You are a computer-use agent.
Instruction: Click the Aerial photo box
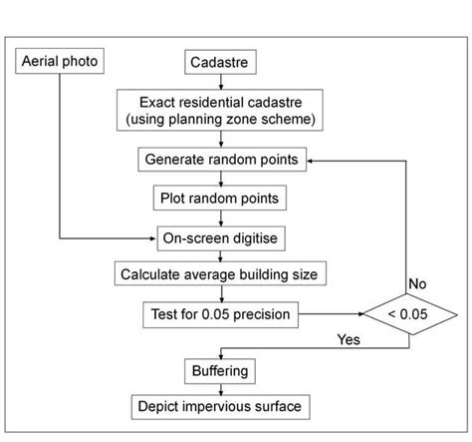tap(60, 62)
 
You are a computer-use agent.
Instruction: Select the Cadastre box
tap(217, 63)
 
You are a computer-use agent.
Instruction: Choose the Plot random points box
tap(217, 198)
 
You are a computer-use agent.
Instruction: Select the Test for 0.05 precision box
tap(217, 314)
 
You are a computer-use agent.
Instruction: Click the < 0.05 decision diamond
tap(408, 315)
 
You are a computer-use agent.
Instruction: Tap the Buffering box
tap(217, 370)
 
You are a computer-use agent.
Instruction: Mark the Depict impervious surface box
tap(217, 405)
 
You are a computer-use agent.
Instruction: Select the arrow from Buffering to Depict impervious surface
tap(217, 387)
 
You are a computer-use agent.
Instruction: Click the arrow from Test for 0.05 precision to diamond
tap(330, 315)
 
